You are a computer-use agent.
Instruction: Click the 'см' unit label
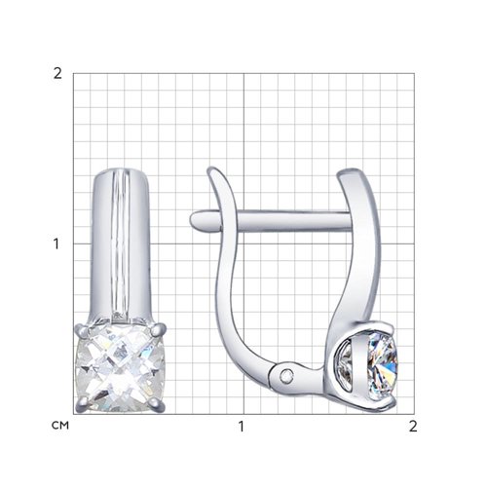point(60,426)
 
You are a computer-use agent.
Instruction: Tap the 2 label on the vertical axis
point(57,74)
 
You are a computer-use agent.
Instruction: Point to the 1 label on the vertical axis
point(56,243)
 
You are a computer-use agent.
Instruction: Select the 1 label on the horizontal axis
point(241,427)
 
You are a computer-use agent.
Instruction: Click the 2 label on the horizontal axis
point(413,427)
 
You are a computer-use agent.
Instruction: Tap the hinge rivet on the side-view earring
point(286,376)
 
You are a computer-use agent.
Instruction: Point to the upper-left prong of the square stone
point(82,331)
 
